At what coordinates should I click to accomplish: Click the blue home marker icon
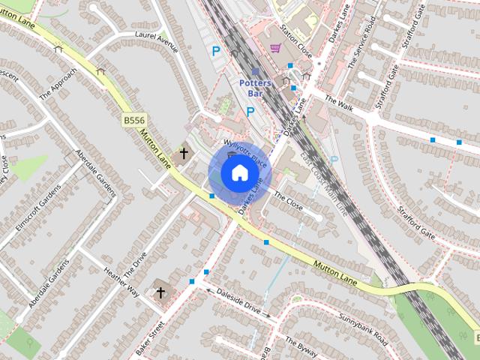click(x=239, y=173)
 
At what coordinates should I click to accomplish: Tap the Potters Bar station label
click(x=255, y=88)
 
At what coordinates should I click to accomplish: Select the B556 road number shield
click(x=133, y=119)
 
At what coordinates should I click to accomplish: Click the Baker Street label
click(x=151, y=338)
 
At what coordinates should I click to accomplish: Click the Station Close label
click(x=295, y=38)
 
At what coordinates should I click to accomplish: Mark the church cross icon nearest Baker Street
click(x=160, y=292)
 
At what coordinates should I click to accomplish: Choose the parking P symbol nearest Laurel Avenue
click(x=216, y=52)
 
